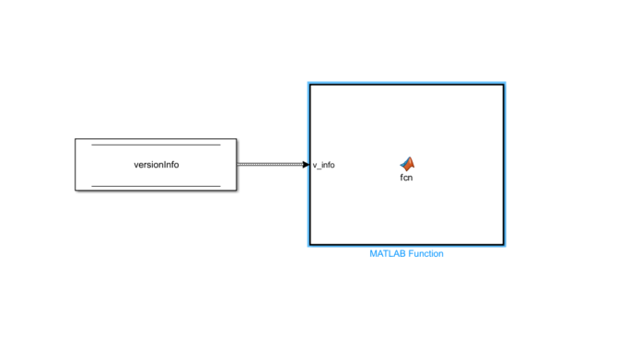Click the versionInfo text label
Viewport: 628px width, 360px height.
(156, 165)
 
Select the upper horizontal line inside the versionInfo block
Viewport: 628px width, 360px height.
(156, 145)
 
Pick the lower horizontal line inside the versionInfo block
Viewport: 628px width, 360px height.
(156, 185)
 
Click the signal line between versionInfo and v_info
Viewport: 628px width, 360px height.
(272, 165)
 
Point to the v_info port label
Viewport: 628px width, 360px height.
(323, 166)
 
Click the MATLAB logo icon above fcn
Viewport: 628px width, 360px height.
(406, 163)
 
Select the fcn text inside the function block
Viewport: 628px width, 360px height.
(406, 178)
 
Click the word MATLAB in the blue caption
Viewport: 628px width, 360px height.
(386, 253)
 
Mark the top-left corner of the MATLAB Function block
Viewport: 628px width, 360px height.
(309, 85)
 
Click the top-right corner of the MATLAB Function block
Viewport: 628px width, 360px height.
(504, 85)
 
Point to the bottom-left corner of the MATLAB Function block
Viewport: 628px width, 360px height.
(309, 245)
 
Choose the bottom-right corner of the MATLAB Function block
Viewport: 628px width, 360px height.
(504, 245)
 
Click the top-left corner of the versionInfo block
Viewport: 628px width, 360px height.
(76, 139)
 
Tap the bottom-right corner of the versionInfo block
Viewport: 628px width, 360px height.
(237, 192)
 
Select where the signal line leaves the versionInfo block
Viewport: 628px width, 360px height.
(238, 165)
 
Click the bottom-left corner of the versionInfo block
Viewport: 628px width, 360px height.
(76, 192)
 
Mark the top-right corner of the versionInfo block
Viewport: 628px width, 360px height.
(237, 139)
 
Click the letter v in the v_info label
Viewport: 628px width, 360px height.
(315, 166)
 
